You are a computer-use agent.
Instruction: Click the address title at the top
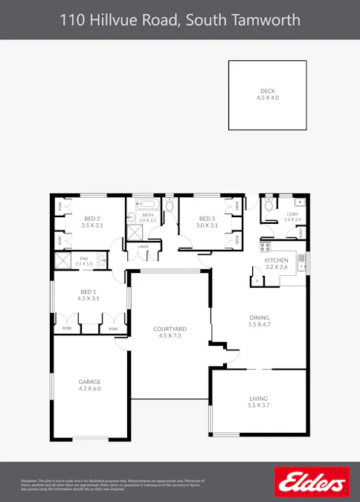click(179, 20)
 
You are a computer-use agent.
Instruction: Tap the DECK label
click(267, 91)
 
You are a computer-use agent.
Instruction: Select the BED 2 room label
click(91, 218)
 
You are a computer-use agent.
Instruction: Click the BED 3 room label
click(206, 218)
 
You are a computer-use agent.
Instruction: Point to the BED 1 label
click(89, 292)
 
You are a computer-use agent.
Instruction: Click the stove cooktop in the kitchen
click(265, 247)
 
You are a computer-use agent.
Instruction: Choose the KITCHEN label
click(276, 260)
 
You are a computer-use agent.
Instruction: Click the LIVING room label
click(258, 399)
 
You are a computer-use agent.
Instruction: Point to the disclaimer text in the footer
click(112, 485)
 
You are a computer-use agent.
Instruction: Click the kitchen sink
click(302, 260)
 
